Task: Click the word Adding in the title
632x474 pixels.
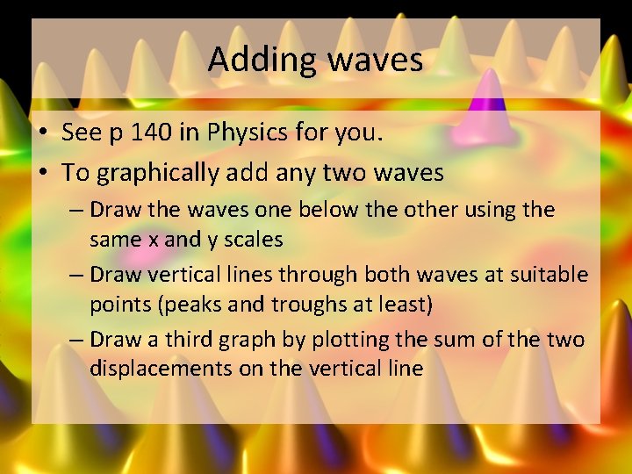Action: click(262, 61)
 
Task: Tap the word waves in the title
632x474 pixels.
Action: click(376, 61)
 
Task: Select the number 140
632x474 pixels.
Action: click(140, 133)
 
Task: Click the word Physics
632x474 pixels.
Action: click(248, 133)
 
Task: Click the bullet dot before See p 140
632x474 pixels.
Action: click(42, 133)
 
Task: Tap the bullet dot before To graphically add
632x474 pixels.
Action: click(42, 173)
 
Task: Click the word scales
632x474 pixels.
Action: click(254, 239)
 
